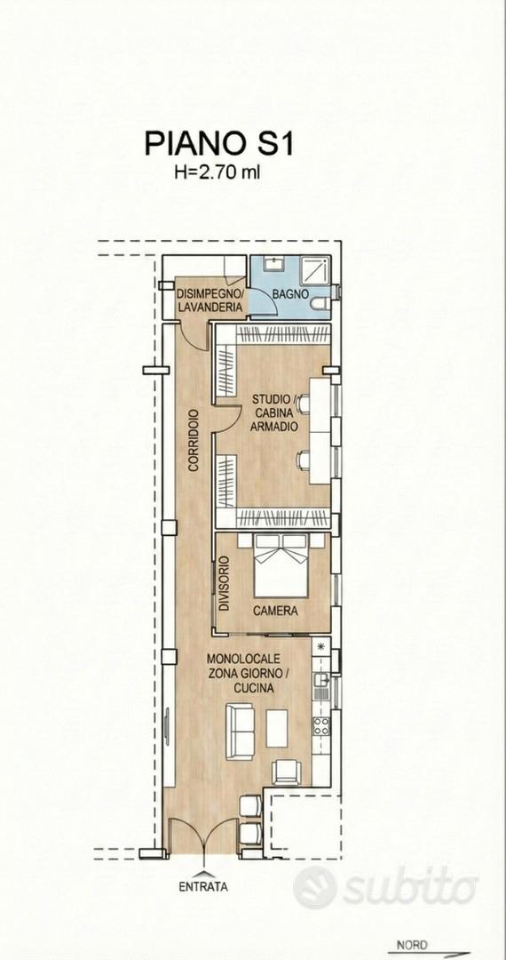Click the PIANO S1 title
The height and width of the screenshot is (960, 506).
click(x=219, y=144)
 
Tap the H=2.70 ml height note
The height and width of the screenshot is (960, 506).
click(x=217, y=172)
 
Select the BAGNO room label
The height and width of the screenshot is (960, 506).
click(x=289, y=294)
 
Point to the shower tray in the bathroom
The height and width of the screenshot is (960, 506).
click(x=315, y=270)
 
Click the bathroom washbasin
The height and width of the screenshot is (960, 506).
click(x=273, y=265)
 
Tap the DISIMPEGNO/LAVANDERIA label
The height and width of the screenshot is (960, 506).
click(x=211, y=301)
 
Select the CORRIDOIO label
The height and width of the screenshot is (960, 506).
click(x=194, y=440)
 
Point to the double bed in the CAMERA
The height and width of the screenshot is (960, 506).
click(x=281, y=565)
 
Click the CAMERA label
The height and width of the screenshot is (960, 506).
click(x=275, y=611)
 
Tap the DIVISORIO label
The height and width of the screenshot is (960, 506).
click(x=224, y=583)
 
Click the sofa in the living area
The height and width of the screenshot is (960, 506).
click(x=240, y=732)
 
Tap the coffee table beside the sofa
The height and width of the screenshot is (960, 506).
click(x=277, y=728)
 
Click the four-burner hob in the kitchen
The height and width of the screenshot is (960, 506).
click(x=321, y=725)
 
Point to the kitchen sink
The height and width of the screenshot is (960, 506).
click(x=320, y=680)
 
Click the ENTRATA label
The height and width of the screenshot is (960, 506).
click(x=203, y=886)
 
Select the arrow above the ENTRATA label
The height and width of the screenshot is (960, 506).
click(x=203, y=872)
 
